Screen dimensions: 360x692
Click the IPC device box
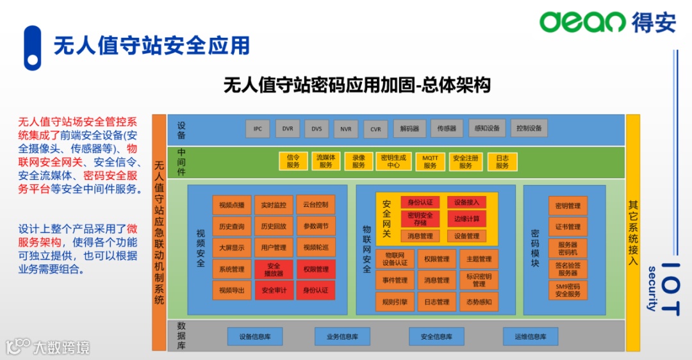(x=258, y=129)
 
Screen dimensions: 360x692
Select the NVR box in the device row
(x=346, y=129)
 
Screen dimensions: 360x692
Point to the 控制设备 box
(x=529, y=128)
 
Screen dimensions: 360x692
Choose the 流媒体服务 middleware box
(x=326, y=161)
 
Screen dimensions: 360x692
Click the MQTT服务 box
(x=430, y=161)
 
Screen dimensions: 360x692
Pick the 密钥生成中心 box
(x=393, y=161)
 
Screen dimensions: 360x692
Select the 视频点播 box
(x=232, y=206)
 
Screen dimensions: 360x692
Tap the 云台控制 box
(x=316, y=205)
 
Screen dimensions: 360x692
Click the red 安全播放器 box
(x=274, y=269)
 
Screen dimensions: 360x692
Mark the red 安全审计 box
(x=274, y=290)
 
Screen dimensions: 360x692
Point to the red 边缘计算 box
(x=466, y=218)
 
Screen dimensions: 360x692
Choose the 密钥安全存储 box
(x=420, y=218)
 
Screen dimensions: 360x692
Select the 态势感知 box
(x=479, y=302)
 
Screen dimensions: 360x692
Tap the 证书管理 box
(x=568, y=227)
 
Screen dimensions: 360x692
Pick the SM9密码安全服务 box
(x=568, y=290)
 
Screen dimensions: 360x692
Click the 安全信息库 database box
(x=436, y=336)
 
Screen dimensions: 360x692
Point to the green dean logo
(x=582, y=22)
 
